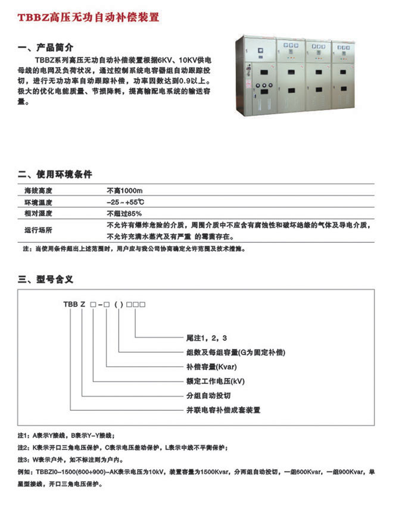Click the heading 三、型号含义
pyautogui.click(x=46, y=279)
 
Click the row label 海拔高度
pyautogui.click(x=39, y=191)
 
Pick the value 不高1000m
pyautogui.click(x=125, y=191)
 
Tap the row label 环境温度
pyautogui.click(x=39, y=202)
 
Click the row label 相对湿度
pyautogui.click(x=39, y=213)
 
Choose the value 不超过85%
pyautogui.click(x=124, y=213)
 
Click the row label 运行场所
pyautogui.click(x=39, y=230)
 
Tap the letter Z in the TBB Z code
pyautogui.click(x=83, y=305)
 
